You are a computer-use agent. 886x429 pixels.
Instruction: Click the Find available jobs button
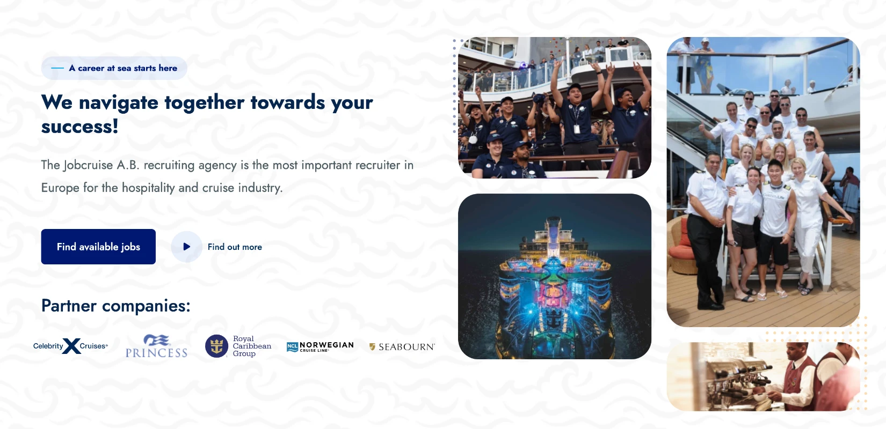[x=98, y=247]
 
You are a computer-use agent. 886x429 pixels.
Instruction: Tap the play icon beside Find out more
[x=187, y=247]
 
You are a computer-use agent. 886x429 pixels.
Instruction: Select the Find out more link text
[x=235, y=247]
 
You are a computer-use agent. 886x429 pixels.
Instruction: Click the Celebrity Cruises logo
[x=70, y=346]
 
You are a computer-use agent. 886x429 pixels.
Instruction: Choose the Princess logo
[x=156, y=346]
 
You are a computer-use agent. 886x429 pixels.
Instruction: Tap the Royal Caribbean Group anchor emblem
[x=216, y=346]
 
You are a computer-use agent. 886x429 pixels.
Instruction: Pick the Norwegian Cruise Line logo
[x=320, y=346]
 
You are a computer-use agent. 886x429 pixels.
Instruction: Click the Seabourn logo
[x=402, y=347]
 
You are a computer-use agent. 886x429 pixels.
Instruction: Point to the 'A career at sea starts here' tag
[x=114, y=68]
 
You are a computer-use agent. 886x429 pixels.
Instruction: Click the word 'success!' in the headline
[x=80, y=127]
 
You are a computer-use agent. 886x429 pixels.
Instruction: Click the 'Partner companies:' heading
[x=116, y=306]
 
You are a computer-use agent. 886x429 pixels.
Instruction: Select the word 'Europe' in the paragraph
[x=60, y=188]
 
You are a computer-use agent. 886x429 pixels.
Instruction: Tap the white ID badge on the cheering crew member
[x=577, y=129]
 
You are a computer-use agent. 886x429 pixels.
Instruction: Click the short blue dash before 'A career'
[x=57, y=68]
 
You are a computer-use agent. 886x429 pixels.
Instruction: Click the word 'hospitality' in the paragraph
[x=148, y=188]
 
